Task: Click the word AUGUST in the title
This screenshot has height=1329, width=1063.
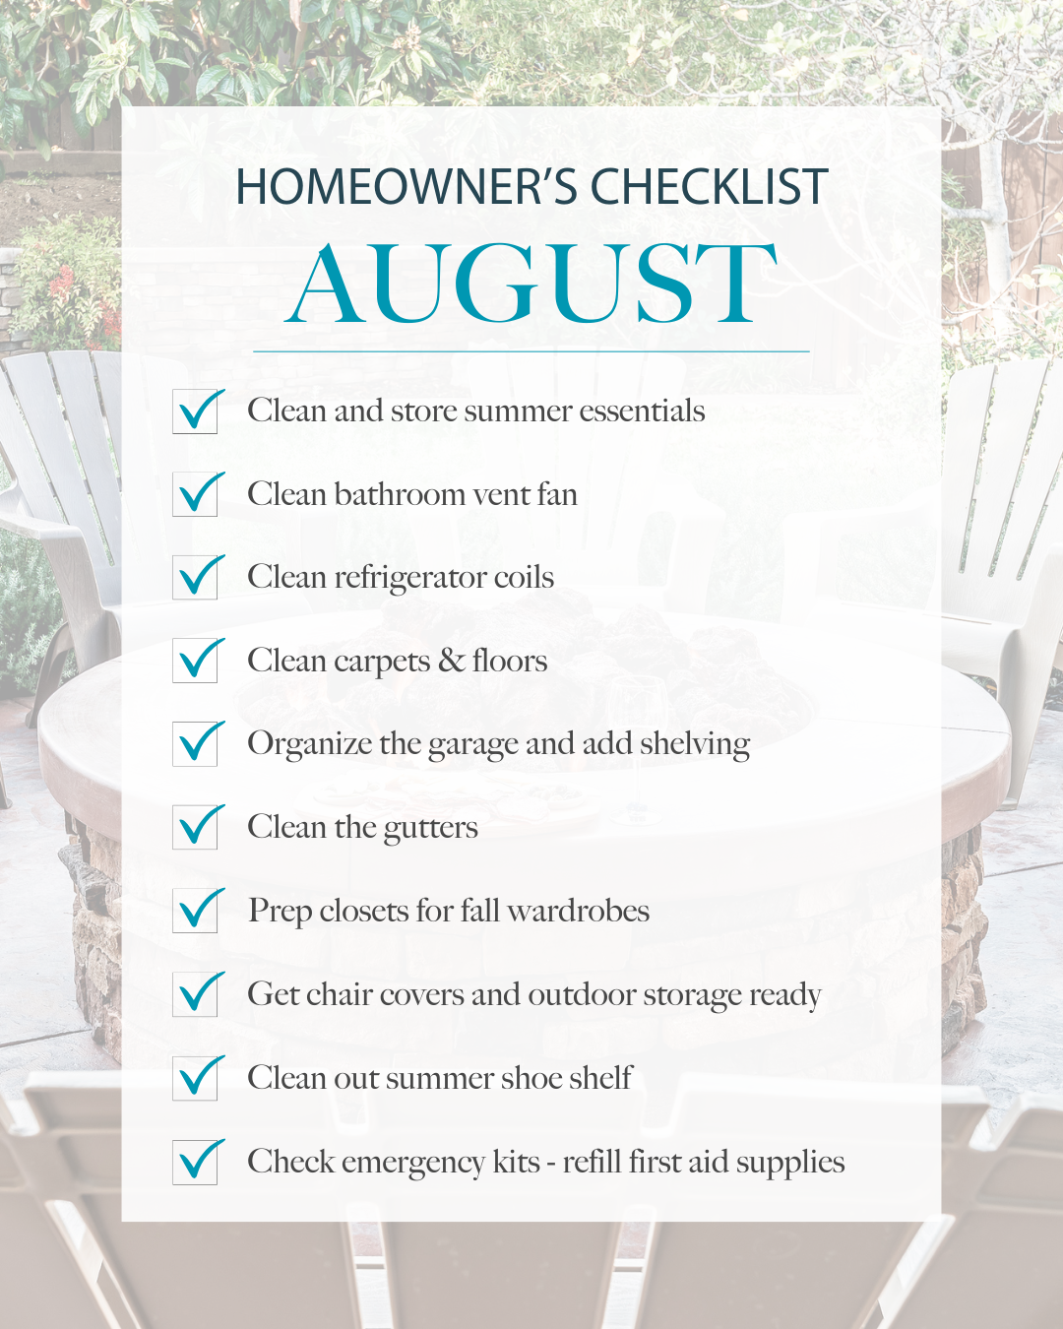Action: pyautogui.click(x=531, y=283)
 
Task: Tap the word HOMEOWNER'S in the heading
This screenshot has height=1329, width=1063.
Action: pyautogui.click(x=405, y=186)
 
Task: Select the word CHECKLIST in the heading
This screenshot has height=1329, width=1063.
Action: pyautogui.click(x=710, y=186)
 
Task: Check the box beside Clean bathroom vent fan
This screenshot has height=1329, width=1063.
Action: pyautogui.click(x=195, y=494)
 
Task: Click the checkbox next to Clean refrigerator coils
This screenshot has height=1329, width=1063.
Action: pyautogui.click(x=195, y=578)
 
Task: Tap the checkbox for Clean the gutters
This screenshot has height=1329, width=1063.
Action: pyautogui.click(x=195, y=828)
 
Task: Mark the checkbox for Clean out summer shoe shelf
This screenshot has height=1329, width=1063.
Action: pyautogui.click(x=195, y=1078)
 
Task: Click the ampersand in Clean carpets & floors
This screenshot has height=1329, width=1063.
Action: pyautogui.click(x=452, y=661)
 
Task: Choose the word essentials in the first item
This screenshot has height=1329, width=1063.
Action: pyautogui.click(x=642, y=411)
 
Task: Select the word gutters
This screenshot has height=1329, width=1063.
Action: pyautogui.click(x=430, y=829)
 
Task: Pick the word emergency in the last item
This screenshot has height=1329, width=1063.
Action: pyautogui.click(x=412, y=1163)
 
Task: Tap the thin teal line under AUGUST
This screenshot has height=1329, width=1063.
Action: pyautogui.click(x=531, y=351)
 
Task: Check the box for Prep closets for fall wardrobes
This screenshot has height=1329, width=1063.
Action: pyautogui.click(x=195, y=911)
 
